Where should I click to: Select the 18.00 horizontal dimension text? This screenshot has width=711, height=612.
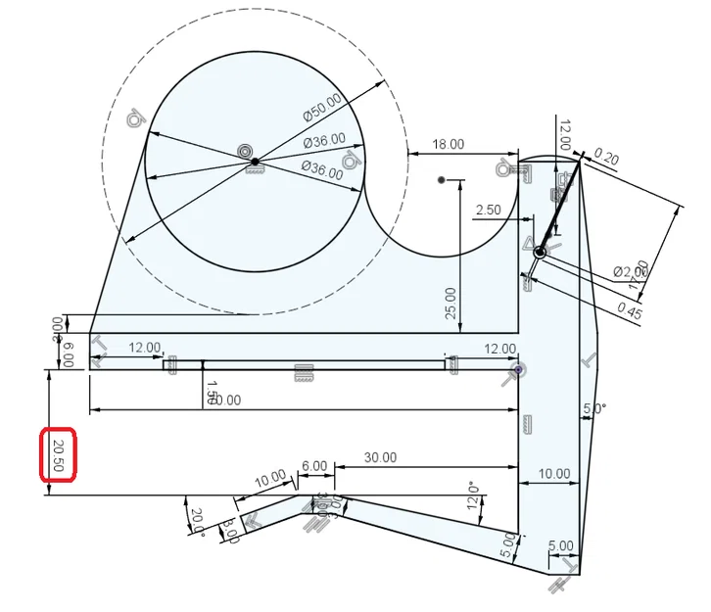[x=449, y=144]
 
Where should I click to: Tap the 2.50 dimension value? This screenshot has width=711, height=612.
[x=488, y=210]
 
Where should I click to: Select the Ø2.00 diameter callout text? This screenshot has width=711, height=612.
[x=630, y=271]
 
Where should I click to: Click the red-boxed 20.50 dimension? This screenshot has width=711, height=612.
[x=59, y=455]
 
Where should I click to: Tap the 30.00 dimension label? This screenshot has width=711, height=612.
[x=380, y=457]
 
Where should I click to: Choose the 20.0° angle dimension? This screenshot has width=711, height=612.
[x=197, y=521]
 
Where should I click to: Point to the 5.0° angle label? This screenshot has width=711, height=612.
[x=593, y=409]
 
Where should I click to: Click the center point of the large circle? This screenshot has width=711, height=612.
[x=255, y=161]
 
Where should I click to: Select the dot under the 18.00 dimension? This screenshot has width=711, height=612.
[x=443, y=180]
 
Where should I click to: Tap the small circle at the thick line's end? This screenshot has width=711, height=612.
[x=539, y=253]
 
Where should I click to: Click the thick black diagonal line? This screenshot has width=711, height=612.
[x=559, y=208]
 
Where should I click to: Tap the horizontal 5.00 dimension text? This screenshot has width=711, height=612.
[x=561, y=545]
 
